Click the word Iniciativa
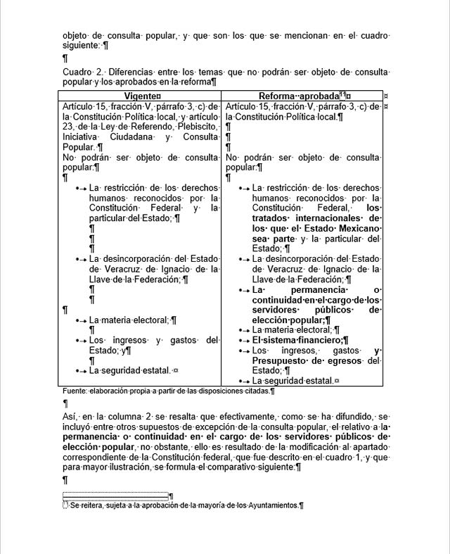click(81, 137)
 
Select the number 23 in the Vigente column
click(68, 127)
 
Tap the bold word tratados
click(276, 218)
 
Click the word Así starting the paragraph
click(70, 417)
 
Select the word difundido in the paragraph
click(346, 417)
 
